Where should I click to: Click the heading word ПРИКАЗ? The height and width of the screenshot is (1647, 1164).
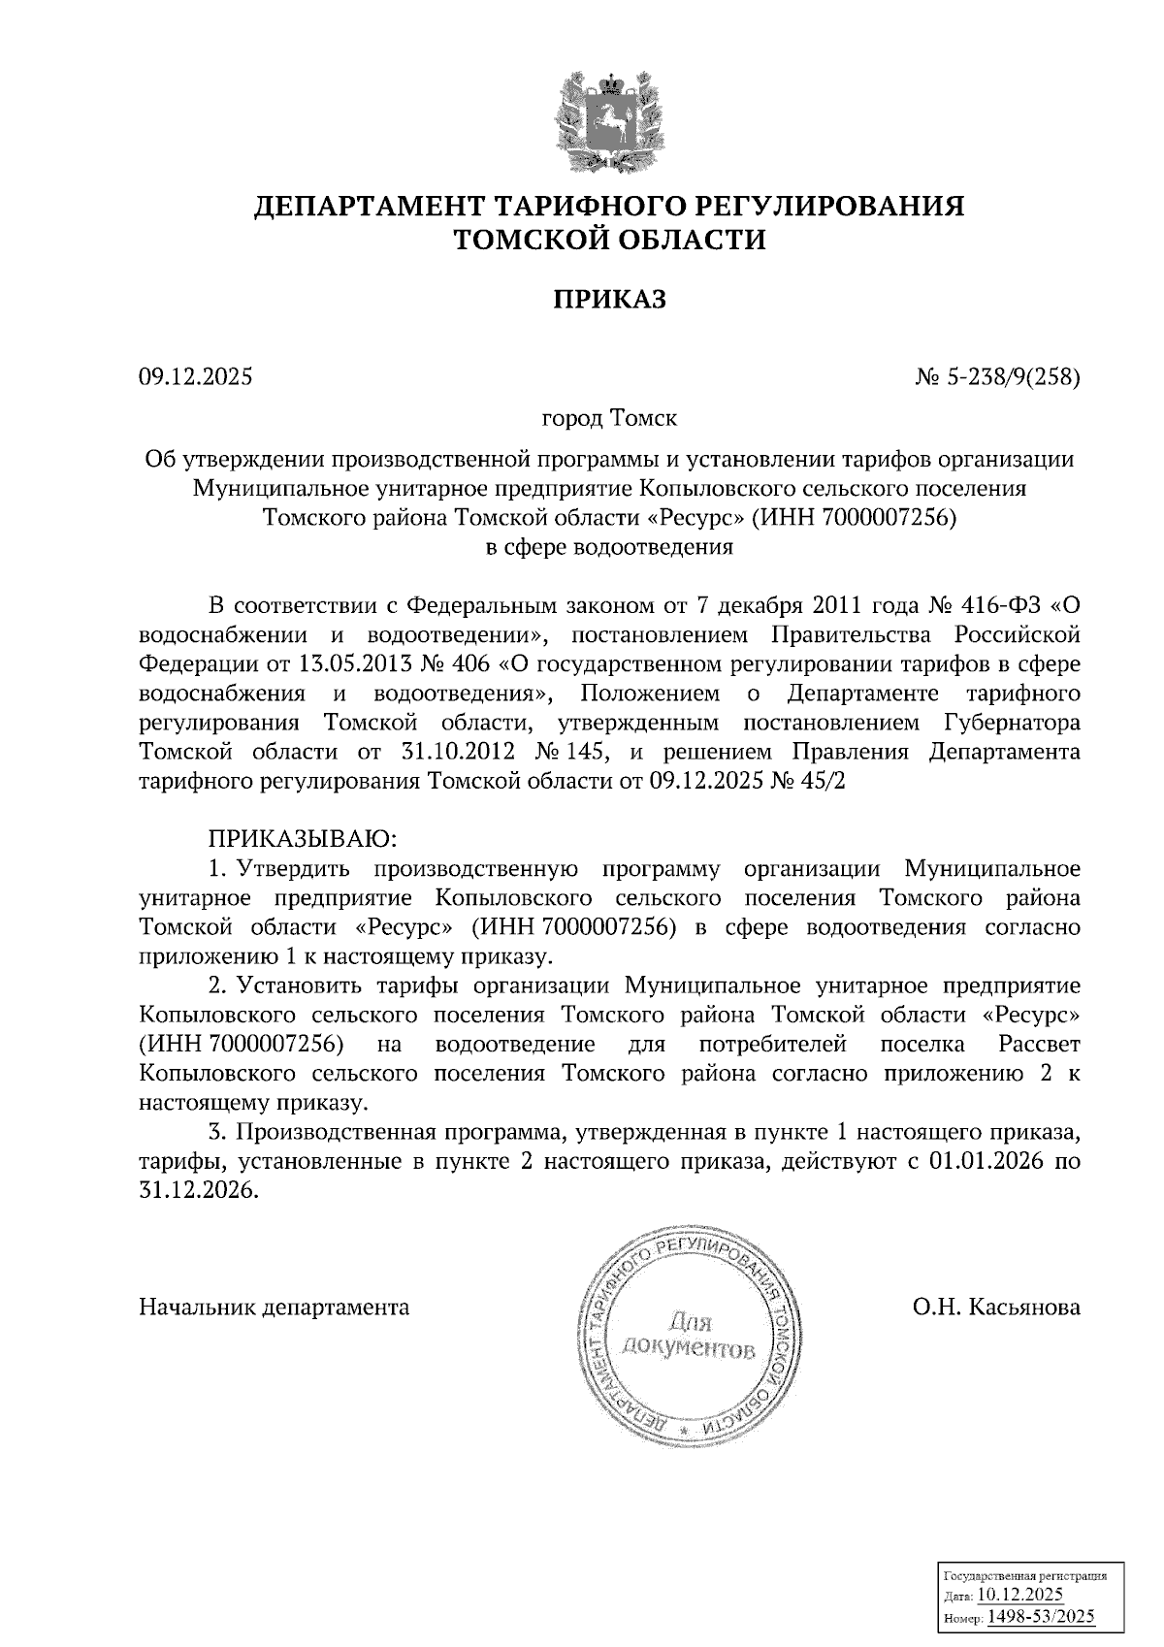(x=609, y=300)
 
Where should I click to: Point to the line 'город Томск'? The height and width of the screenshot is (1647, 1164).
(x=609, y=419)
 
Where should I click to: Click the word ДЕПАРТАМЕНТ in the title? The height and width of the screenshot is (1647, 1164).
(x=372, y=207)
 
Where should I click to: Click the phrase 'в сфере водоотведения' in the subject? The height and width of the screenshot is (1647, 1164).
(x=609, y=546)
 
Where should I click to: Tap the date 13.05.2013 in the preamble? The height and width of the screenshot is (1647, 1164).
(x=351, y=665)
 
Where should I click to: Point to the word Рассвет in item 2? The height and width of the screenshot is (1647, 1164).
(x=1038, y=1045)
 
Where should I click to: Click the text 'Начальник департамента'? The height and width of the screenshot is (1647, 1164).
(x=275, y=1308)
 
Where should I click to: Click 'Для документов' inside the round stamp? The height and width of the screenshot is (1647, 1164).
(x=691, y=1336)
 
